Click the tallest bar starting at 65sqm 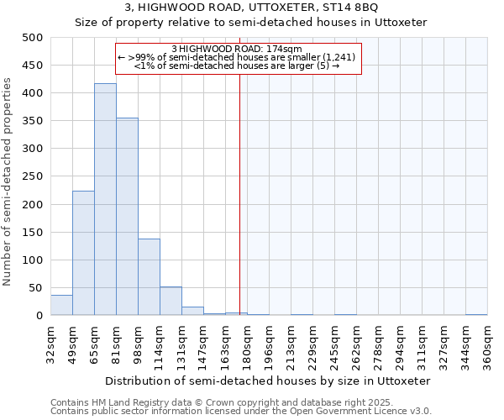[105, 200]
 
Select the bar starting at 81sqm [127, 217]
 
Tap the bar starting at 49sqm [83, 253]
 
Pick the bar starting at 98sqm [149, 277]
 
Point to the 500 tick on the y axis [33, 38]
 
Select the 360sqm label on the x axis [488, 344]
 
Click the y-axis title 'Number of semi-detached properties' [8, 181]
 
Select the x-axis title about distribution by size [261, 381]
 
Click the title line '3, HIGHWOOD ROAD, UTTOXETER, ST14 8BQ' [251, 8]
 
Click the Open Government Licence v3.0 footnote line [240, 411]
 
